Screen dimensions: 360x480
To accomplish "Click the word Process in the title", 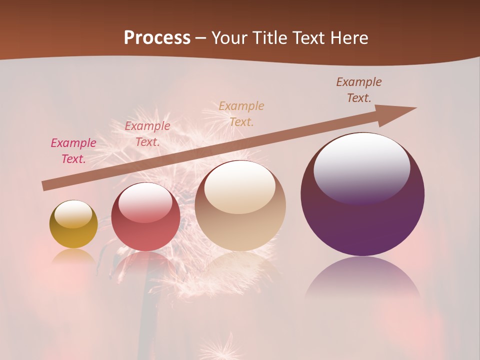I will pos(157,38).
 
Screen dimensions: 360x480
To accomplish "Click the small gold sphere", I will pos(73,224).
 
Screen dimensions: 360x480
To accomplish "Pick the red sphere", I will pos(145,217).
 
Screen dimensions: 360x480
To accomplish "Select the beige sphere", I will pos(240,206).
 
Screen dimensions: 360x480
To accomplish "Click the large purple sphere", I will pos(362,195).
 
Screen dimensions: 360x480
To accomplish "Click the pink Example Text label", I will pos(73,151).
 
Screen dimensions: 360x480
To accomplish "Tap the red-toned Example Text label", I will pos(147,134).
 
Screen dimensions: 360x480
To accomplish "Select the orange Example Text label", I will pos(241,113).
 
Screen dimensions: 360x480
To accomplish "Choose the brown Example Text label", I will pos(359,90).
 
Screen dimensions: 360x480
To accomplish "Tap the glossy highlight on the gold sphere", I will pos(73,213).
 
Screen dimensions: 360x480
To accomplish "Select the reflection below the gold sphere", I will pos(73,256).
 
